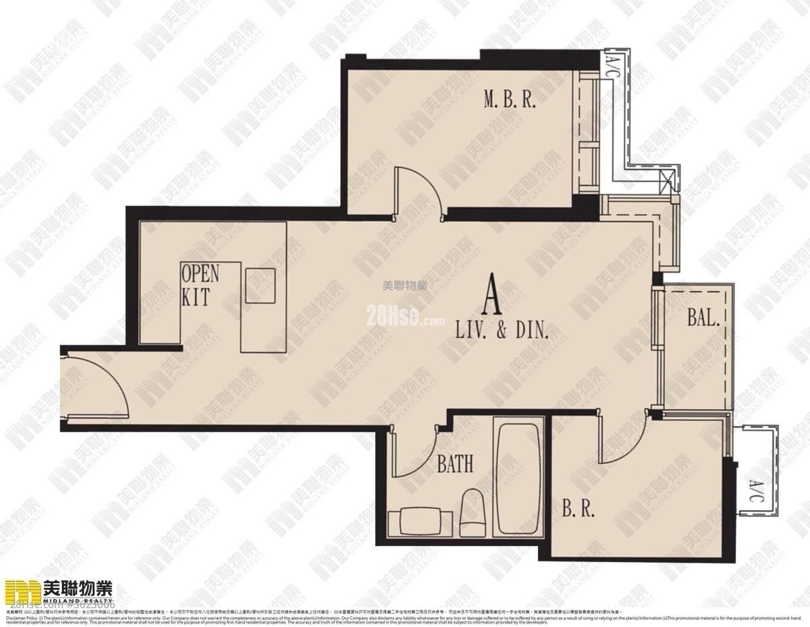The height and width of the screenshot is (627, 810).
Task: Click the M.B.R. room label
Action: pos(509,101)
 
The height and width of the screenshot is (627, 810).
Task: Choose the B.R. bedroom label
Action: pos(578,509)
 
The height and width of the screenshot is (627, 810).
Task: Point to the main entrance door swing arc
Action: pos(101,385)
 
